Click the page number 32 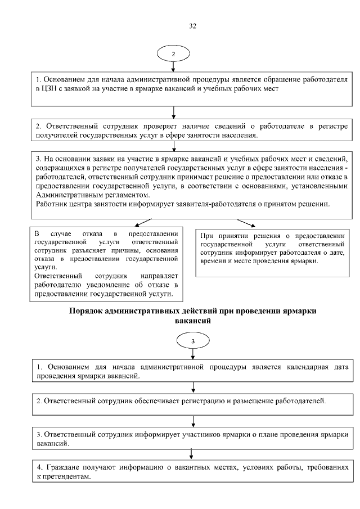pos(192,26)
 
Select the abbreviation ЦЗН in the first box pos(47,88)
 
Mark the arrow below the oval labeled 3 pos(193,355)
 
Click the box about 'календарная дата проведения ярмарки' pos(193,371)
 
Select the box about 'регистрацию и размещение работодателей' pos(193,401)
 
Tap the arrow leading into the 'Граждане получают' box pos(193,453)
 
